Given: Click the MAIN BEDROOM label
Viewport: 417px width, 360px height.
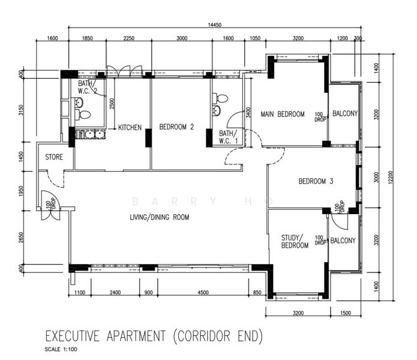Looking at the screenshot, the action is (x=283, y=114).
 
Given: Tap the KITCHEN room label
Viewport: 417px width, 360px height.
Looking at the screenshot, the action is (x=130, y=128).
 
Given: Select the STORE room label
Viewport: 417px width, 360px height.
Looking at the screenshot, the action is (x=54, y=157).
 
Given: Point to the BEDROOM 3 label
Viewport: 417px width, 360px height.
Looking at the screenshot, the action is (x=316, y=181).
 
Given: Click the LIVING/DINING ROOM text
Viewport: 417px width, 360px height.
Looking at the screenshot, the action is (x=160, y=217).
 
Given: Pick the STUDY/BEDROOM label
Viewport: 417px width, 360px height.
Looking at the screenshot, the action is (x=295, y=241).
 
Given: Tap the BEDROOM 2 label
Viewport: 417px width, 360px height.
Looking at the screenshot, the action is (x=176, y=127).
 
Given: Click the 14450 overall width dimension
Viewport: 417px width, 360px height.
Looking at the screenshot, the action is (x=214, y=25).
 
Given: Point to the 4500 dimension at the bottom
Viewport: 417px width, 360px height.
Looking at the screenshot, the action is (x=203, y=292).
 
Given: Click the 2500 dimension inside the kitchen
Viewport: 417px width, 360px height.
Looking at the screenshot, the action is (x=112, y=103).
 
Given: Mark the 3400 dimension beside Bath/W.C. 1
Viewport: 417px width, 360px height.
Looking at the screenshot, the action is (x=248, y=112).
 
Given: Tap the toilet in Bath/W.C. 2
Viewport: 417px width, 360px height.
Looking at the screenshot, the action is (x=83, y=115).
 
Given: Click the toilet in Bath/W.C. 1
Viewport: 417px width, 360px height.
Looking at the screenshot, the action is (x=220, y=98).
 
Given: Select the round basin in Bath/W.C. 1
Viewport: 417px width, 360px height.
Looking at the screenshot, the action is (x=217, y=110).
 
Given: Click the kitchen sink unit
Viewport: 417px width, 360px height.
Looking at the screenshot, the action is (x=90, y=134).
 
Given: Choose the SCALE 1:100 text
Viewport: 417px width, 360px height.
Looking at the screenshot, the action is (x=61, y=349).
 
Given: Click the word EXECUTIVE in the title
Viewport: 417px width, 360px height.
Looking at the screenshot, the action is (x=73, y=336).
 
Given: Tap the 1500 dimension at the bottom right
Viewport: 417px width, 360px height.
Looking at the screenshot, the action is (x=346, y=313).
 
